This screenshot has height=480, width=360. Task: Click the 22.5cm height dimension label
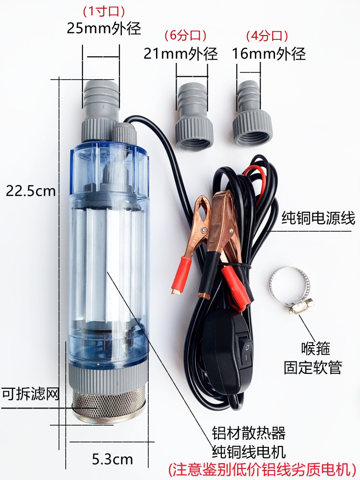click(31, 192)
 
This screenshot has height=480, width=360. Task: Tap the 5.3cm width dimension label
click(112, 459)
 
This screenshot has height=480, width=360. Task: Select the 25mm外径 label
click(104, 28)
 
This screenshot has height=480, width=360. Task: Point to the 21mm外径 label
click(180, 54)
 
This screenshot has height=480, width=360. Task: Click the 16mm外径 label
click(269, 54)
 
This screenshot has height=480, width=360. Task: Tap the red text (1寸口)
click(104, 12)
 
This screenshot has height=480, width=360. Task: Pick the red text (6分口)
click(185, 36)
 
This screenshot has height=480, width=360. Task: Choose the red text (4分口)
click(267, 36)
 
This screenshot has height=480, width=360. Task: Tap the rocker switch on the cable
click(247, 350)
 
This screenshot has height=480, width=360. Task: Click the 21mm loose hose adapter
click(193, 117)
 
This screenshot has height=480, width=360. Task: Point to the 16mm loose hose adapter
click(252, 113)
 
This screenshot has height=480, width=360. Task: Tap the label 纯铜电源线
click(318, 218)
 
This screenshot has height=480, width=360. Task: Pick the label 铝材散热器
click(249, 433)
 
